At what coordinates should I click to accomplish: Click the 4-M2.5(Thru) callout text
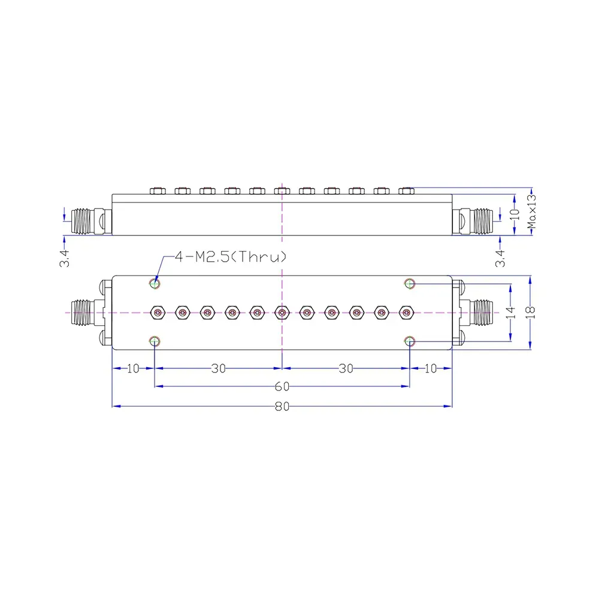231,257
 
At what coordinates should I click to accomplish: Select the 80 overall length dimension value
282,407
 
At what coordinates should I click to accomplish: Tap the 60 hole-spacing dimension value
282,386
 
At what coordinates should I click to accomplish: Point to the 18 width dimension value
530,313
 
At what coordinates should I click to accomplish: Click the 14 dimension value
511,313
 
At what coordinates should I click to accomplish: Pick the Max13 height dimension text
531,211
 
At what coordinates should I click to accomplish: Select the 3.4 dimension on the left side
64,258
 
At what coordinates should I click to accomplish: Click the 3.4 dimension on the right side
500,258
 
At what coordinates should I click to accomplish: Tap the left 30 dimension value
219,368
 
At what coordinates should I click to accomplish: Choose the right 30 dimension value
346,368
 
